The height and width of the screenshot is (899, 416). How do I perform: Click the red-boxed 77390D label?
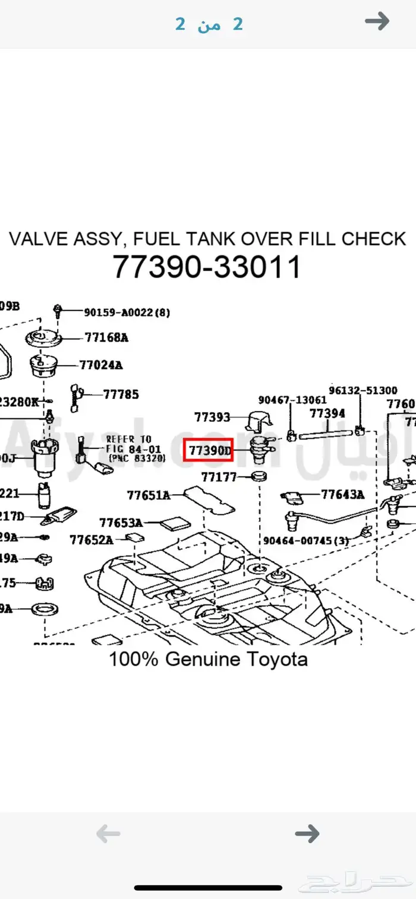[210, 451]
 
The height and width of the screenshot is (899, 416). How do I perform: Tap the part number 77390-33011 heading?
[207, 267]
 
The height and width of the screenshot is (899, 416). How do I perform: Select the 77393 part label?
[212, 417]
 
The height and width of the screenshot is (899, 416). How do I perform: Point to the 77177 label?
[219, 476]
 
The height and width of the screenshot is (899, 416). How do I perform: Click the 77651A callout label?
[149, 494]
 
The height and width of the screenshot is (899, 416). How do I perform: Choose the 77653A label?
[121, 523]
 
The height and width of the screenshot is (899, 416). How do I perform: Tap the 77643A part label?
[343, 494]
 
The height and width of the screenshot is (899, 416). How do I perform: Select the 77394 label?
[327, 413]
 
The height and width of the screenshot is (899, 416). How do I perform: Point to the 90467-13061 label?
[292, 400]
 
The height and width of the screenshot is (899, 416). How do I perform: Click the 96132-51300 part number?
[363, 390]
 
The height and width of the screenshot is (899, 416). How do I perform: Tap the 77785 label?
[121, 394]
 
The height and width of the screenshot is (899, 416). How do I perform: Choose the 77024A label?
[101, 365]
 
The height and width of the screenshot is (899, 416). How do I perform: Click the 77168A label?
[106, 338]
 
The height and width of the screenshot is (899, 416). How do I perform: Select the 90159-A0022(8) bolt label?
[127, 312]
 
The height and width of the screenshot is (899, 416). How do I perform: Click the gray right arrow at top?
[377, 22]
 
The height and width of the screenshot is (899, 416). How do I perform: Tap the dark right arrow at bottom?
[307, 834]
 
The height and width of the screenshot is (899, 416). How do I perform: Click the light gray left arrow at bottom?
[108, 834]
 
